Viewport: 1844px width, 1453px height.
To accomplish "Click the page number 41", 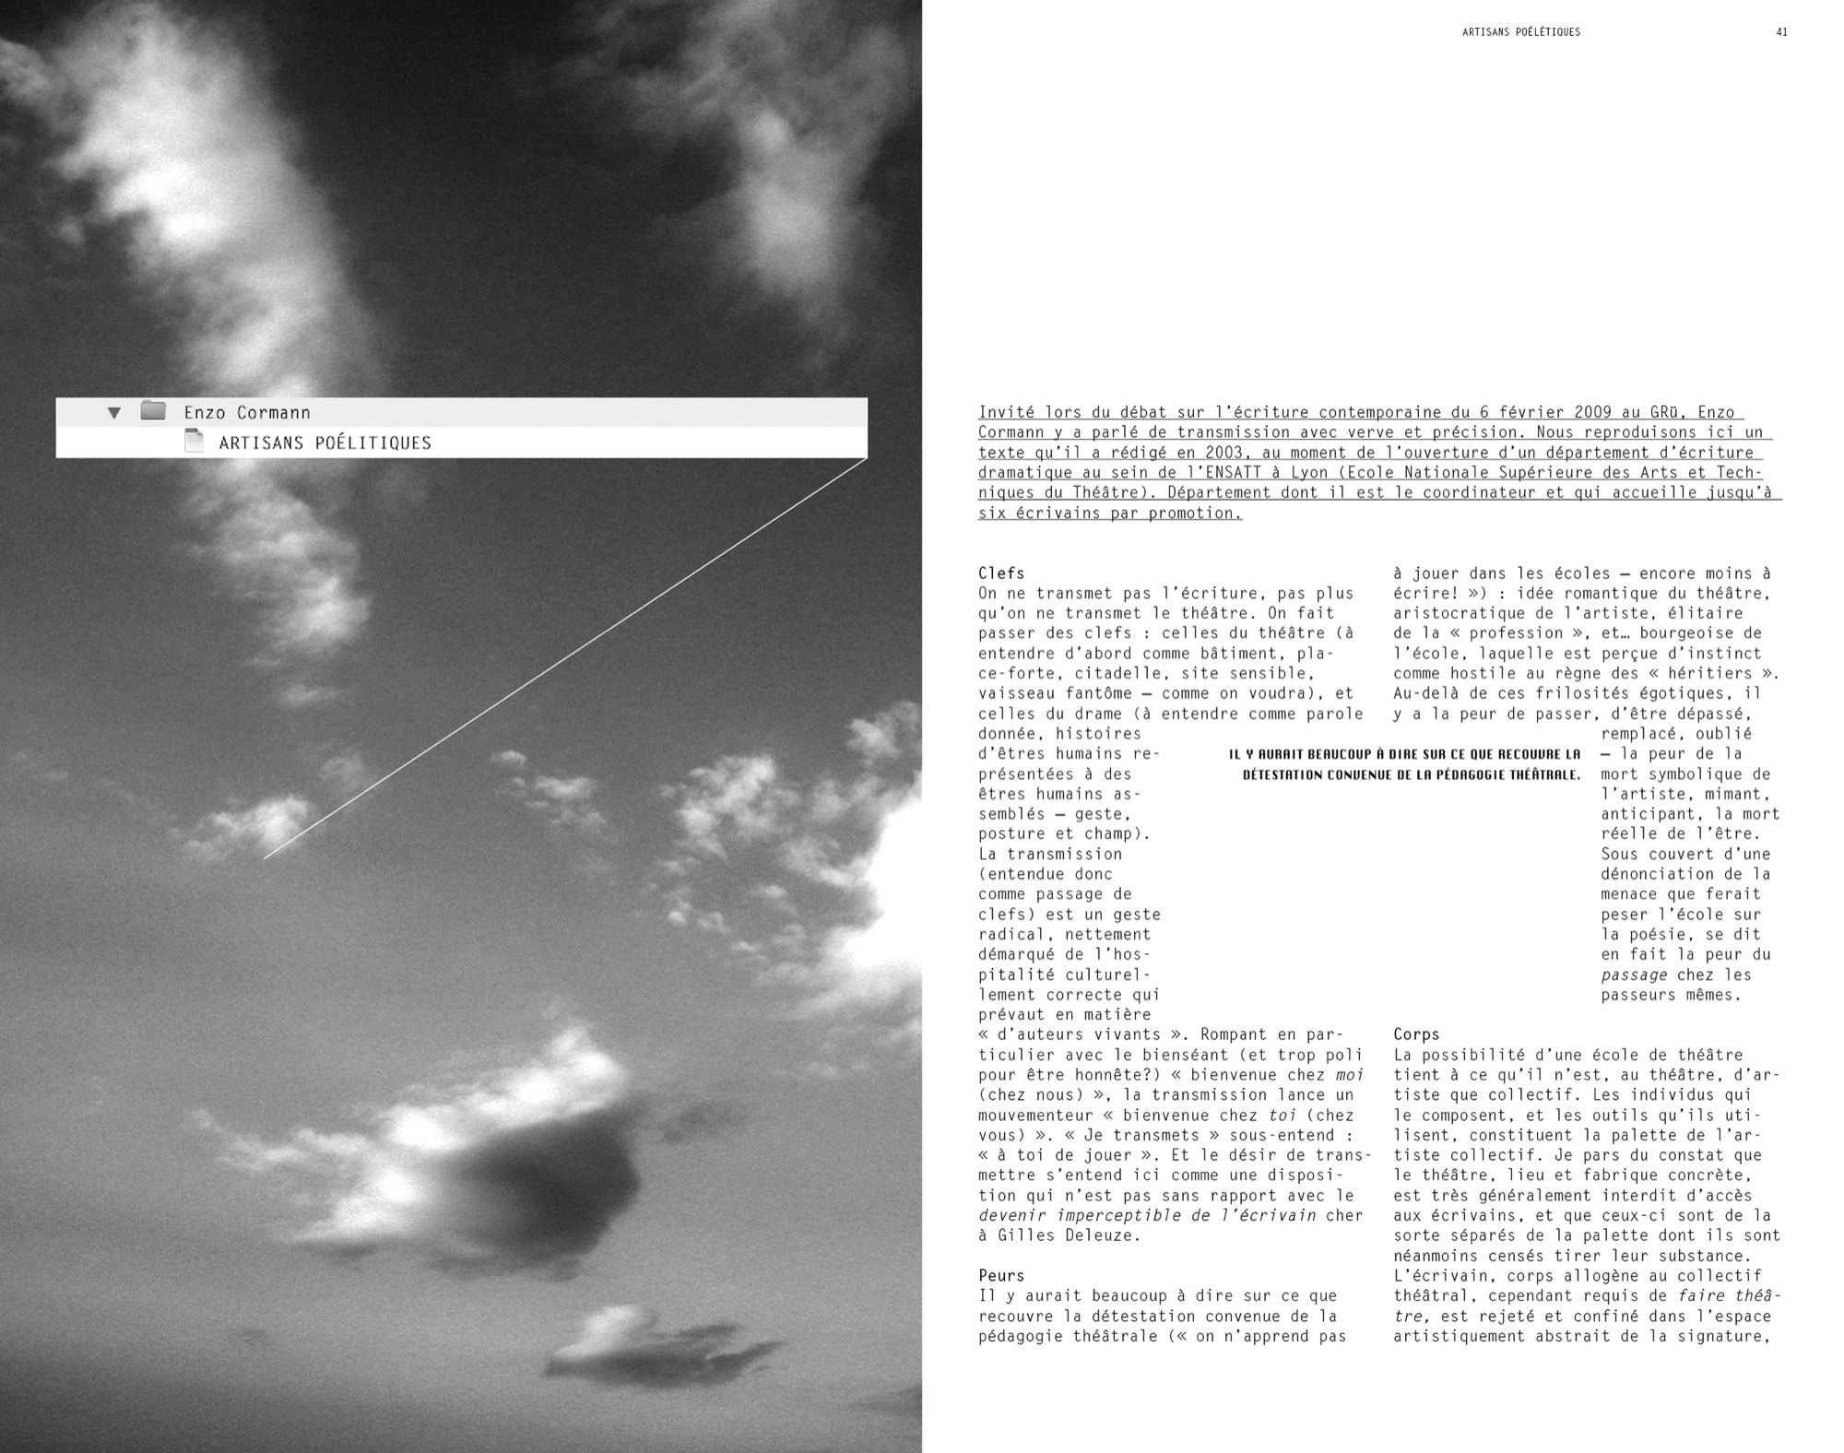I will click(1781, 32).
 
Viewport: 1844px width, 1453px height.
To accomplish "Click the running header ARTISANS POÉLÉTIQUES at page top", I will click(1520, 32).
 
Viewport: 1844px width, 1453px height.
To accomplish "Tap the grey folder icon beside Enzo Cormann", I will click(153, 411).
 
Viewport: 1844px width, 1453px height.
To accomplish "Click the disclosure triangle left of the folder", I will click(114, 412).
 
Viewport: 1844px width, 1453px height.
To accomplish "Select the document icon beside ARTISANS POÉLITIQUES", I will click(194, 442).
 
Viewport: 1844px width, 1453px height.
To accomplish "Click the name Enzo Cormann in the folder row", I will click(246, 412).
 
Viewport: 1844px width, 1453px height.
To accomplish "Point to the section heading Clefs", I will click(1001, 573).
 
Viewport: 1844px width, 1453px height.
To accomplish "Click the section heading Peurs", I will click(1001, 1276).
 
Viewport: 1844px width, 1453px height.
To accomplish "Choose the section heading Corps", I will click(1416, 1034).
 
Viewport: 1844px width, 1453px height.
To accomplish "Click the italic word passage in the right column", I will click(1634, 975).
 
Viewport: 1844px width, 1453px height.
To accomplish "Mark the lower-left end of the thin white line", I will click(265, 858).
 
